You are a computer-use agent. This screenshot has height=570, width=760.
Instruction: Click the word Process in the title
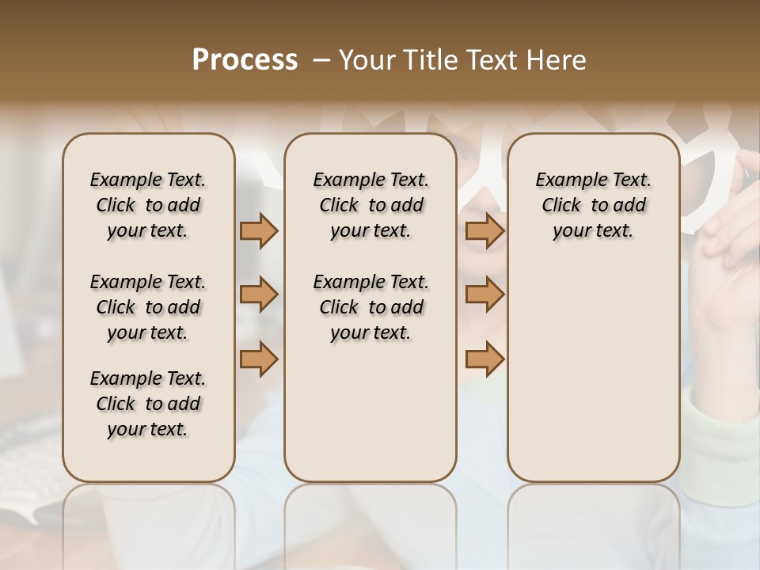[245, 60]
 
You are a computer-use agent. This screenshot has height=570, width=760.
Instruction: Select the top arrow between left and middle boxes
[259, 230]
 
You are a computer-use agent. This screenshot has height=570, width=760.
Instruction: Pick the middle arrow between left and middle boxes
[259, 295]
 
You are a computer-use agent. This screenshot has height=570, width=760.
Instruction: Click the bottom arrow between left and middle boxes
[259, 359]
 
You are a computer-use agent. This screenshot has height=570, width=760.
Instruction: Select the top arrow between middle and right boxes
[484, 230]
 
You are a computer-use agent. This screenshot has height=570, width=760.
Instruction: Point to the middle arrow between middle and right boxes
[484, 295]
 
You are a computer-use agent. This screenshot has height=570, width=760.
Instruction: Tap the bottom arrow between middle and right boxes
[484, 359]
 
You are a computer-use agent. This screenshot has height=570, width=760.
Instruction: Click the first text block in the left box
[148, 205]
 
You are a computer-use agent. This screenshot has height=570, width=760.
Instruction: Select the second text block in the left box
[148, 307]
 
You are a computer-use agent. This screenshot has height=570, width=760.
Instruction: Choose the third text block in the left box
[148, 404]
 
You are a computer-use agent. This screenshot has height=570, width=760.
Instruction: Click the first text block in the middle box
[371, 205]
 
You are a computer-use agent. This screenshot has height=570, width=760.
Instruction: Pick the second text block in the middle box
[371, 307]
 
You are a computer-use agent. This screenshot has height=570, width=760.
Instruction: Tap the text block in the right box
[594, 205]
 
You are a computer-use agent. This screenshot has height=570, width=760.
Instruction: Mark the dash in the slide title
[321, 60]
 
